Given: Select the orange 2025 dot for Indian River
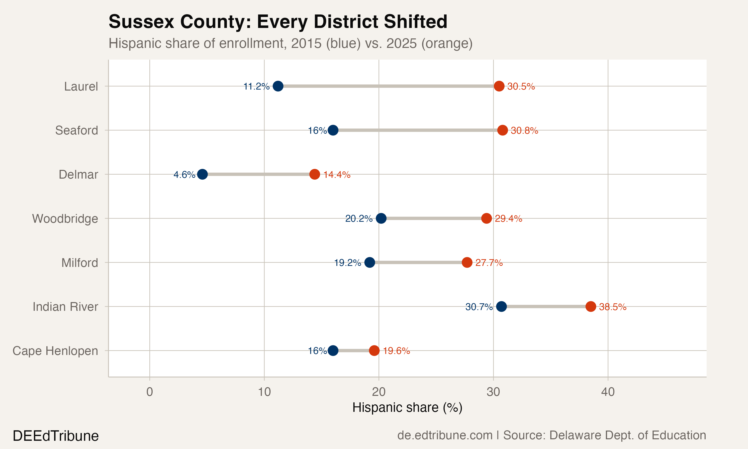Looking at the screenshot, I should (x=590, y=307).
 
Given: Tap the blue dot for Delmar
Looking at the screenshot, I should (x=202, y=174).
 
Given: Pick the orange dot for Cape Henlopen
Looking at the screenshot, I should (x=374, y=351).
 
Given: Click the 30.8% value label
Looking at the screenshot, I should (x=524, y=130).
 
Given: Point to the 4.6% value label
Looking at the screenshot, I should (x=184, y=175).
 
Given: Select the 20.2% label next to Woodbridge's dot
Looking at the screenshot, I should (x=359, y=219).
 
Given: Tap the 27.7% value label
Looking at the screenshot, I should (x=489, y=263).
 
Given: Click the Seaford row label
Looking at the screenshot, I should (x=77, y=130).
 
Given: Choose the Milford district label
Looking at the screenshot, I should (x=80, y=263).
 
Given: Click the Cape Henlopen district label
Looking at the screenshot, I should (x=55, y=351).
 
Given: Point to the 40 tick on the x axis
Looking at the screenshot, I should (x=608, y=392).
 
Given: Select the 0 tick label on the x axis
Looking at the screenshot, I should (x=149, y=392).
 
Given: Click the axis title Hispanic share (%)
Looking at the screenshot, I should (x=407, y=408).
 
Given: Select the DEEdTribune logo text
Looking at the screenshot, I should (x=56, y=436).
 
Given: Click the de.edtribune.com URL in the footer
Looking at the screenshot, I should (x=445, y=435).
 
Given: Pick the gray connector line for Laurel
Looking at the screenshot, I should (x=387, y=86).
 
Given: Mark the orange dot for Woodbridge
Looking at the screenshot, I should (x=486, y=218).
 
